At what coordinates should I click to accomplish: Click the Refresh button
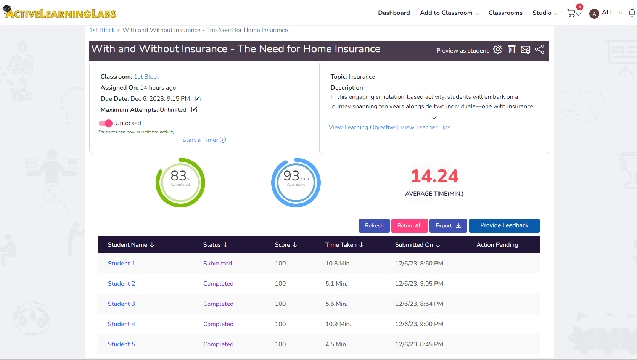374,225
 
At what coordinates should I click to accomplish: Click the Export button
448,225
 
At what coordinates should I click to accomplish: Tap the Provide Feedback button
504,225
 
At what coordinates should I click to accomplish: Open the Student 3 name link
121,304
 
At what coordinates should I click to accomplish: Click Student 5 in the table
121,344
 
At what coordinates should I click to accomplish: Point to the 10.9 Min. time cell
338,324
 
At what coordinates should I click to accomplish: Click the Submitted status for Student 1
217,263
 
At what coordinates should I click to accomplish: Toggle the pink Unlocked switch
106,123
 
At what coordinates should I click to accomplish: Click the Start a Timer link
204,140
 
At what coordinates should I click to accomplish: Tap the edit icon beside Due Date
198,98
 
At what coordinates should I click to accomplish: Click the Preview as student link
462,51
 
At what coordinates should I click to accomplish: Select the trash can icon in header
512,49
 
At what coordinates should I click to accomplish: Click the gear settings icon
498,49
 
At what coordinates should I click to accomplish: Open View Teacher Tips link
425,127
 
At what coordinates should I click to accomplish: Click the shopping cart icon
571,13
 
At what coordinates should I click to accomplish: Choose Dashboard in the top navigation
394,13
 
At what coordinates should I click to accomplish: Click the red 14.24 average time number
434,176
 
